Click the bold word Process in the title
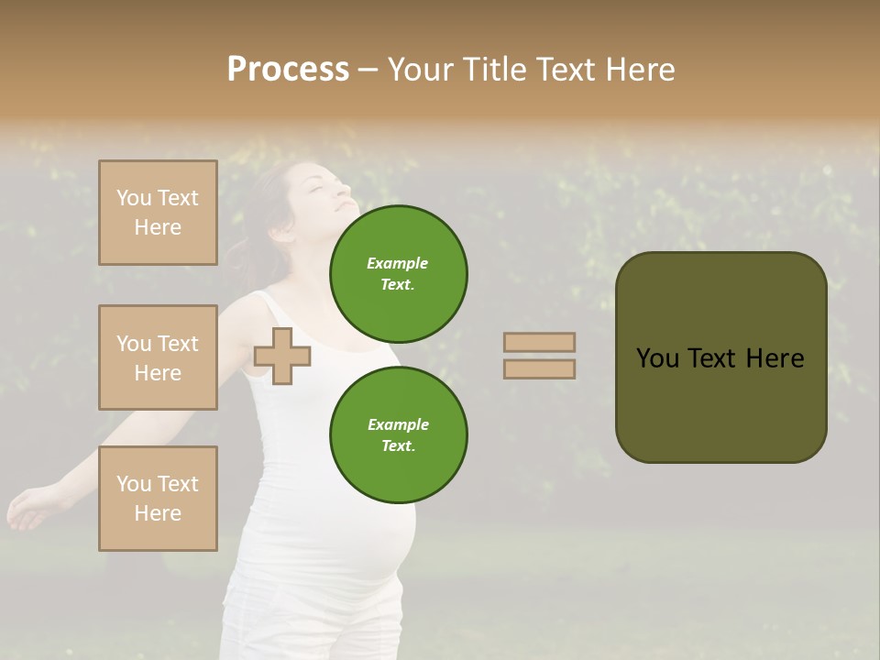(x=288, y=70)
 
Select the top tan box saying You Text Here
(x=158, y=213)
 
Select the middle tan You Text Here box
(x=158, y=357)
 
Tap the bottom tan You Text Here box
(x=158, y=498)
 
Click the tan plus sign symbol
(x=282, y=356)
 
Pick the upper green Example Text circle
(x=398, y=273)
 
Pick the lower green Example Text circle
(x=398, y=434)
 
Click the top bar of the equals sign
(x=539, y=342)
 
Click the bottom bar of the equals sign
(x=539, y=368)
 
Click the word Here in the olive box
(x=775, y=358)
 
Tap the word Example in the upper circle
(x=397, y=263)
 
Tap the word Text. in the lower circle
(x=397, y=446)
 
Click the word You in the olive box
(x=657, y=358)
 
